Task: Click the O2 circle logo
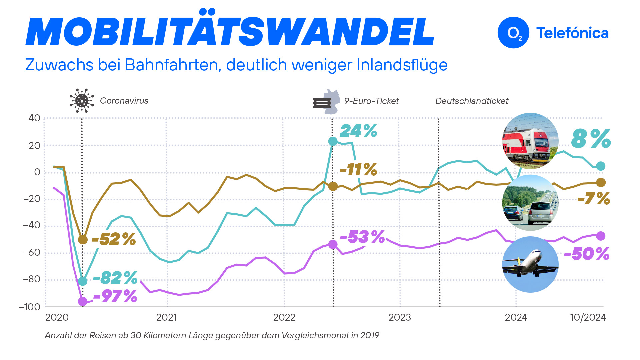[513, 33]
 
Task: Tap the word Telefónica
[572, 33]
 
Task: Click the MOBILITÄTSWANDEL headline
[230, 31]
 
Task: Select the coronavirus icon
[82, 100]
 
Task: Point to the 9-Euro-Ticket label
[371, 101]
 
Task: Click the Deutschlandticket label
[472, 101]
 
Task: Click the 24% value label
[358, 131]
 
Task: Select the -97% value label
[115, 296]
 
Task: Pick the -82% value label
[115, 277]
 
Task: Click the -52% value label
[113, 239]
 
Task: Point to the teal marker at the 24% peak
[333, 141]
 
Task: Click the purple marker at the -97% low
[83, 302]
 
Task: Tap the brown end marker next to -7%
[601, 182]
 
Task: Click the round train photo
[530, 141]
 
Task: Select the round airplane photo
[530, 264]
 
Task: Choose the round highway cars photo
[530, 203]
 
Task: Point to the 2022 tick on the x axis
[284, 317]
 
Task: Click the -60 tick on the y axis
[32, 252]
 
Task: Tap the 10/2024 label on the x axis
[588, 317]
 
